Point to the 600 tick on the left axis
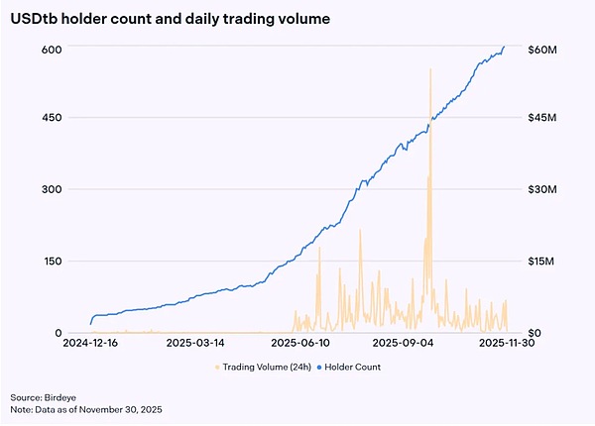[x=52, y=49]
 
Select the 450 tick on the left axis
[x=52, y=118]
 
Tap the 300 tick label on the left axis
[x=52, y=189]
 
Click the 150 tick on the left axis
[x=52, y=261]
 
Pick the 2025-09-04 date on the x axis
[x=403, y=343]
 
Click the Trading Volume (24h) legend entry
[x=263, y=367]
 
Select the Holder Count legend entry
[x=354, y=367]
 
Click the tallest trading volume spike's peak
[x=430, y=69]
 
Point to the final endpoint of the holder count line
[x=504, y=47]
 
